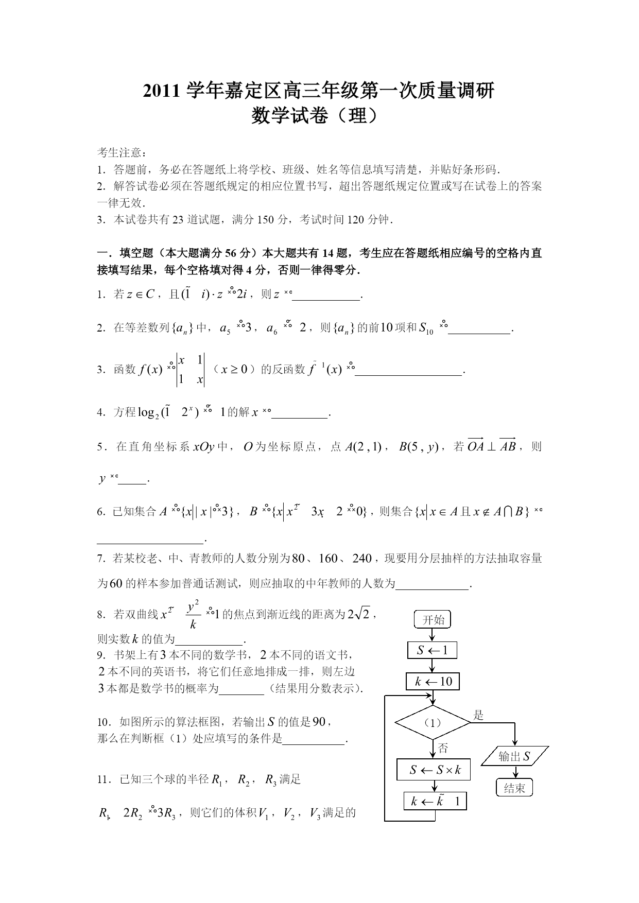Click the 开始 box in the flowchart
tap(433, 620)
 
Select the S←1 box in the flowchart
tap(432, 650)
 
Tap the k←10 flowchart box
tap(433, 682)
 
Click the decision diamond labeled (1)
tap(433, 722)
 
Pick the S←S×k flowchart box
tap(434, 770)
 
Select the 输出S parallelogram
tap(514, 756)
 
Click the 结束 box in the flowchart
tap(514, 788)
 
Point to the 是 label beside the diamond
tap(478, 715)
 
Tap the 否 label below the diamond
tap(443, 748)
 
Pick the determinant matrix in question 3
tap(191, 370)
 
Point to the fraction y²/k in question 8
tap(193, 615)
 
